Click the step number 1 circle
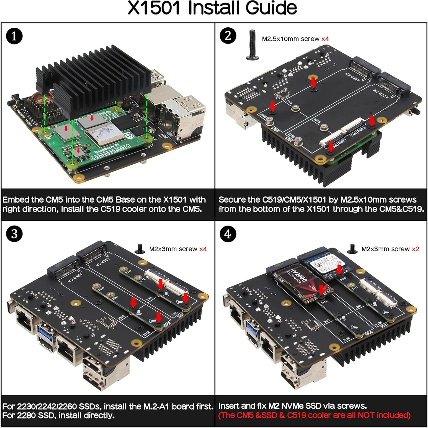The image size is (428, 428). point(14,37)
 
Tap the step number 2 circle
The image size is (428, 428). point(228,36)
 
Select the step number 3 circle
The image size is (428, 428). point(14,234)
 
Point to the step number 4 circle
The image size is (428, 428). point(228,234)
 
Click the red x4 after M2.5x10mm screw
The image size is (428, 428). point(325,39)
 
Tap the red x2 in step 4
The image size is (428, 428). point(415,249)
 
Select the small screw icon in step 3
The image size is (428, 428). point(140,249)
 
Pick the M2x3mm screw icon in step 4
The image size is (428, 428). point(352,249)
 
